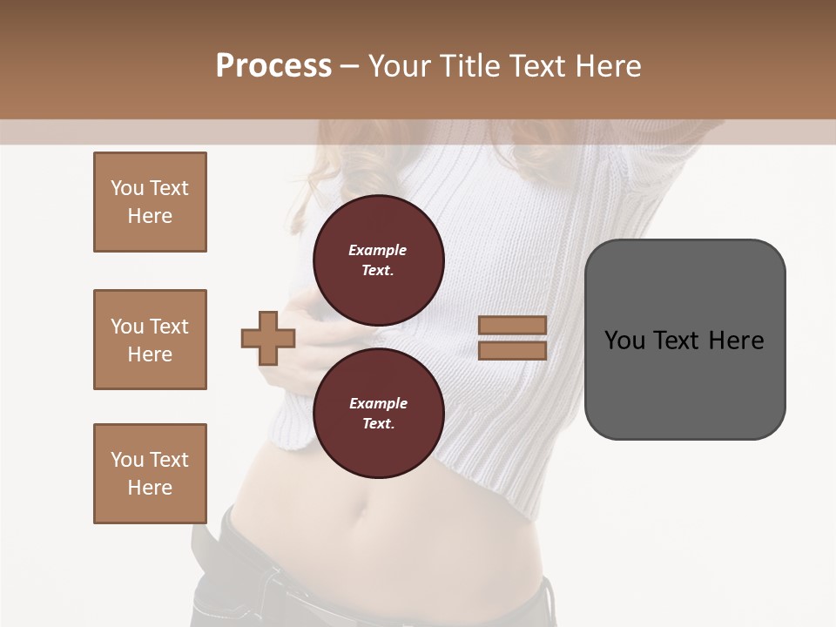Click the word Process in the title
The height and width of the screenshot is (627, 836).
point(273,66)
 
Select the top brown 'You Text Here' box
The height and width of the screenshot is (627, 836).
point(150,202)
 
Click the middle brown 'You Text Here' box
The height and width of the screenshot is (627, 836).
point(150,340)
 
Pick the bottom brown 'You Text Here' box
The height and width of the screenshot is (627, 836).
point(150,474)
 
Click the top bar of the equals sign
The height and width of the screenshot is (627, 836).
point(512,326)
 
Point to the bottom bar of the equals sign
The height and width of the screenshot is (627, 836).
point(512,351)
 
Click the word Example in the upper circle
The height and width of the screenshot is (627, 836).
point(377,250)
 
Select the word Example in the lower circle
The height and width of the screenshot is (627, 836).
point(378,403)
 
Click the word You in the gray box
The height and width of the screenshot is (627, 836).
point(624,340)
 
